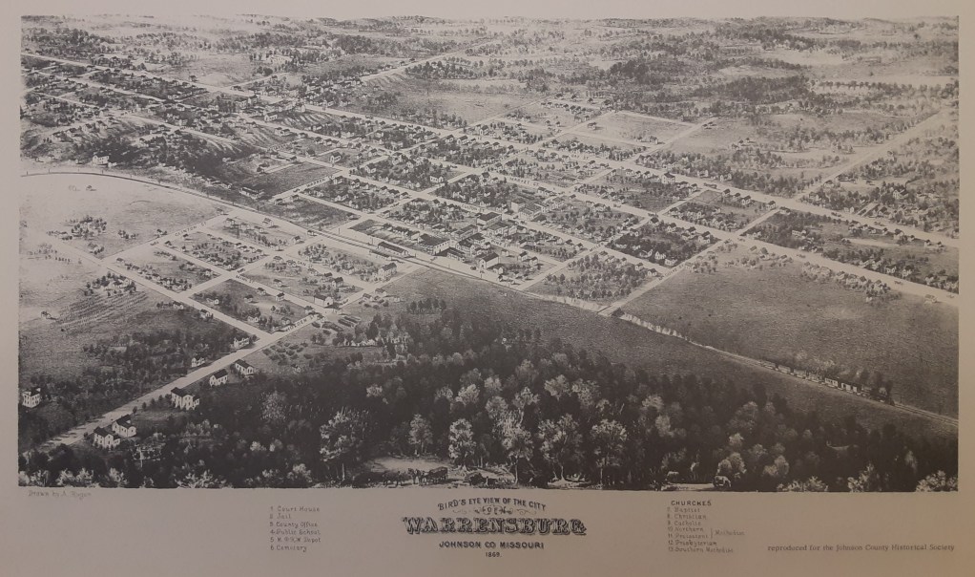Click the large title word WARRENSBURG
click(x=493, y=526)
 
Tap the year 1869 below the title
click(x=493, y=555)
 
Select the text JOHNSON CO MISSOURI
click(x=493, y=545)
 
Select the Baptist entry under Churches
click(x=688, y=510)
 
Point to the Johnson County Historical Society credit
click(x=858, y=548)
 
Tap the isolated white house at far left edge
click(x=31, y=396)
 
